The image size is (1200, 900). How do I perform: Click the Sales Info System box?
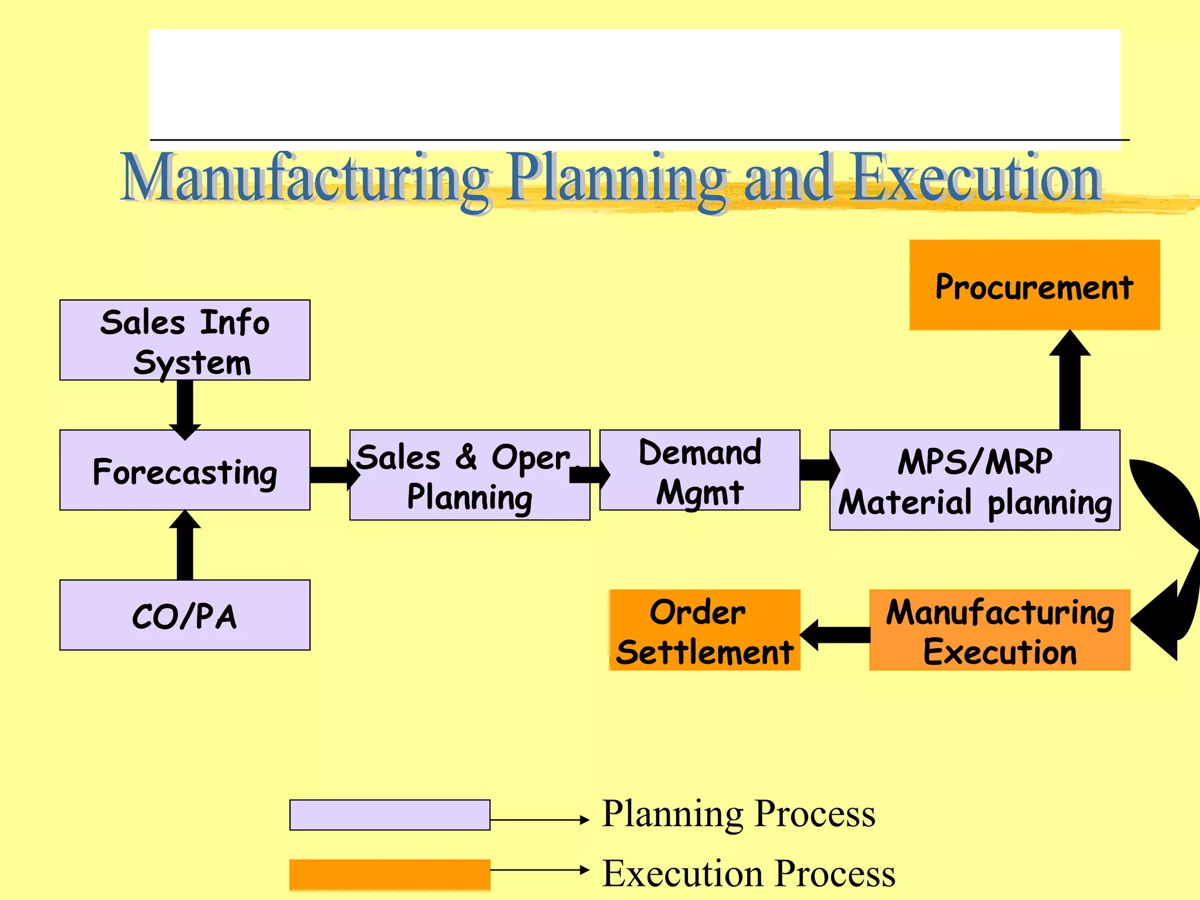(x=185, y=340)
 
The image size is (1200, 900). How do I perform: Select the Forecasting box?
(x=185, y=471)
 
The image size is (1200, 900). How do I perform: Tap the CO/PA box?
(x=185, y=615)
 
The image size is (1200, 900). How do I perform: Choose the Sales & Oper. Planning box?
(x=469, y=475)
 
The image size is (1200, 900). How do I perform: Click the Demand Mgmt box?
(x=700, y=471)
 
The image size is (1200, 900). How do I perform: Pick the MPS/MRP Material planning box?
(x=974, y=480)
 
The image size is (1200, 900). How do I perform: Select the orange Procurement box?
(x=1034, y=285)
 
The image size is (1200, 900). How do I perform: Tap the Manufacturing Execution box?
(x=1000, y=630)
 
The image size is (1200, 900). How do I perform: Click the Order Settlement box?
(x=704, y=630)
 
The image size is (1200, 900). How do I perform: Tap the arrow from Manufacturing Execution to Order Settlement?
(x=835, y=634)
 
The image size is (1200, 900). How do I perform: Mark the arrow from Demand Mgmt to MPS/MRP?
(x=818, y=469)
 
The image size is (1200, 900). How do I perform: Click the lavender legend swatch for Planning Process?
(x=390, y=815)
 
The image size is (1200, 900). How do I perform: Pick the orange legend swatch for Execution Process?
(x=390, y=875)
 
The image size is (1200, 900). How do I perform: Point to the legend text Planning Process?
(x=738, y=814)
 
